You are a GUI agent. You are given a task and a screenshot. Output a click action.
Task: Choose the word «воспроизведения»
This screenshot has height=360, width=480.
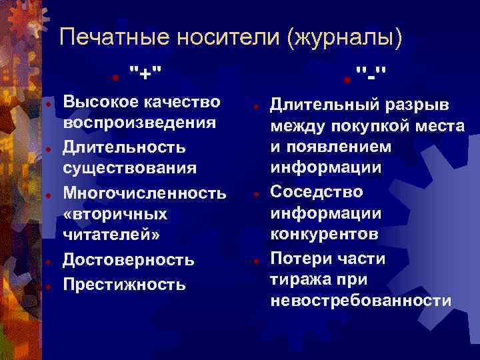139,124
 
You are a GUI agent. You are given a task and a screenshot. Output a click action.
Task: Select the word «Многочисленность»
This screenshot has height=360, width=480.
145,193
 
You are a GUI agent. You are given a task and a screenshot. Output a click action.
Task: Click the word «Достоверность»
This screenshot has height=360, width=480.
128,260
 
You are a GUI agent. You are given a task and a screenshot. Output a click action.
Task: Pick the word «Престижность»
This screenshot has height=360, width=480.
124,285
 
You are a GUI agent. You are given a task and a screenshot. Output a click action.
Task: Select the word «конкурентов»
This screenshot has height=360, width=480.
324,235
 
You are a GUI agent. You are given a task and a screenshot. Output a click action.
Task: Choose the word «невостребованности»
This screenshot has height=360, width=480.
361,301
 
